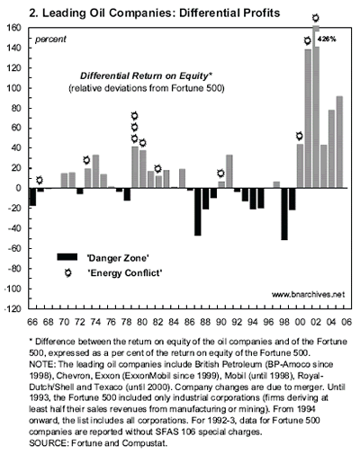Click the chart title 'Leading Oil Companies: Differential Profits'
tap(161, 13)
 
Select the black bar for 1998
tap(284, 214)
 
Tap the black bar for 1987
tap(198, 212)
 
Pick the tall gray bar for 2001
tap(308, 119)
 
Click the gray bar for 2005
tap(339, 142)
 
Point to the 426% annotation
tap(327, 39)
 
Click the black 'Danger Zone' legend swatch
tap(67, 257)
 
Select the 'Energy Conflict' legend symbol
tap(68, 273)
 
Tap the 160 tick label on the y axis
tap(13, 28)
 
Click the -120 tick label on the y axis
tap(13, 308)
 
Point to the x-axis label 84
tap(174, 322)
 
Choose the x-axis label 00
tap(300, 322)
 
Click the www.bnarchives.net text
tap(308, 295)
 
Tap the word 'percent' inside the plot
tap(50, 40)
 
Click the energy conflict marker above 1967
tap(40, 180)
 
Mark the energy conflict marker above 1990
tap(220, 174)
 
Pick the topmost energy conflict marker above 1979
tap(134, 116)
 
